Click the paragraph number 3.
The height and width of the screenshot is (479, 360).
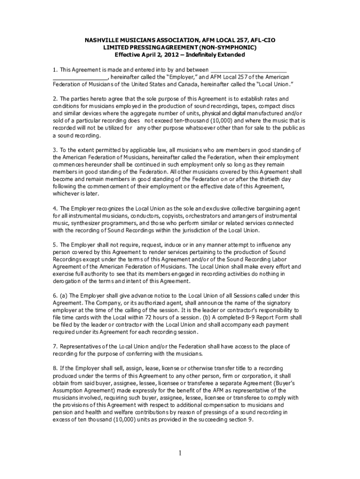55,150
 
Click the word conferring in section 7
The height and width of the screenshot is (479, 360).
133,354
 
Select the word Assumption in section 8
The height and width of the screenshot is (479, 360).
70,391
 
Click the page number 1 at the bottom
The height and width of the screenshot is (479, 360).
180,453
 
